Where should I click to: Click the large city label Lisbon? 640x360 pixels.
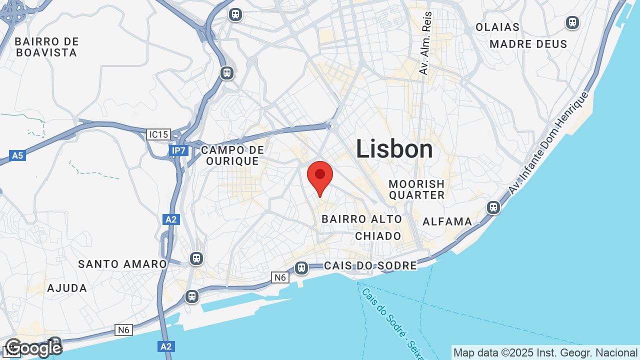(394, 149)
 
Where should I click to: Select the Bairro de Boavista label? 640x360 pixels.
(46, 47)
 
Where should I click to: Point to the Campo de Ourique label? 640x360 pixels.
(232, 155)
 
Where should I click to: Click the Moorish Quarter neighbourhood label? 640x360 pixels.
(416, 189)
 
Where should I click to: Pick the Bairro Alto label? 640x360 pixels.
(361, 219)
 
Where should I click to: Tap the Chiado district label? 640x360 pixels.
(378, 236)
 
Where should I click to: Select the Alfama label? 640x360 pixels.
(447, 221)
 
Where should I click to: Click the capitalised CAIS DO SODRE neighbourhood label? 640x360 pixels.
(370, 265)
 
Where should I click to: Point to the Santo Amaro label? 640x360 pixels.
(122, 264)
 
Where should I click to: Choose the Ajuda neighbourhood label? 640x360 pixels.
(67, 288)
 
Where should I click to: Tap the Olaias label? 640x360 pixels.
(497, 27)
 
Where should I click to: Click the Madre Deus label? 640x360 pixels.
(528, 44)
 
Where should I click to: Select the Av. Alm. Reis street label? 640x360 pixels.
(425, 44)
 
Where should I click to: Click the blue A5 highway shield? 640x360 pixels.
(17, 155)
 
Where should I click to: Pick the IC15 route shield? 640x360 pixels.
(158, 134)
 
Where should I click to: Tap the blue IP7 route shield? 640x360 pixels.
(178, 150)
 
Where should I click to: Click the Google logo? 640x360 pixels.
(33, 348)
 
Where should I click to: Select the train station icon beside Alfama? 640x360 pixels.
(493, 207)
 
